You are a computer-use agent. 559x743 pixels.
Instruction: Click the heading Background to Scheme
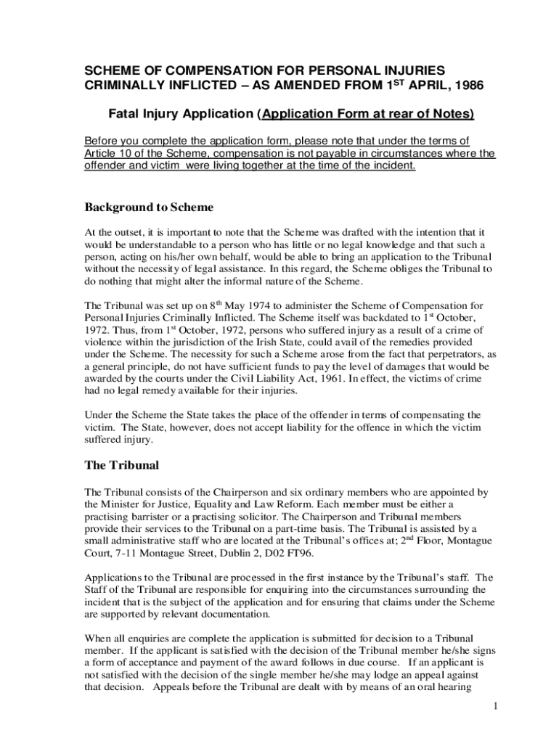150,208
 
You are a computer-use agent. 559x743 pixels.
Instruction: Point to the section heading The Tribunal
122,465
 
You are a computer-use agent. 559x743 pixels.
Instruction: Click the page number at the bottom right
494,706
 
